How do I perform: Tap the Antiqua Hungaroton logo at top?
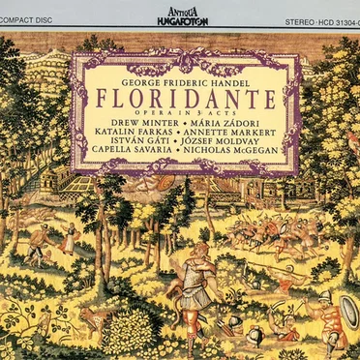180,15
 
